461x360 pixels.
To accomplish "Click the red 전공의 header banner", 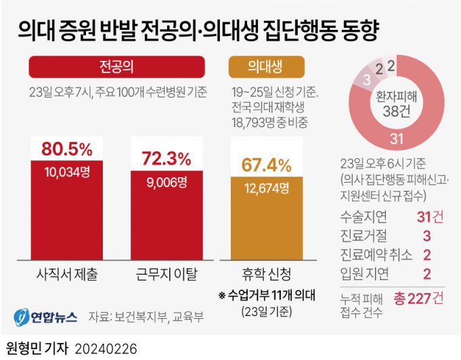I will pyautogui.click(x=116, y=67).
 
